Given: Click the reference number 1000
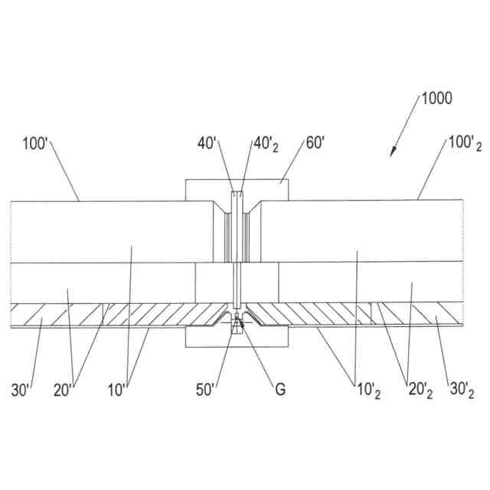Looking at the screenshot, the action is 436,98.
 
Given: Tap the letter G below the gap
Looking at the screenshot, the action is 280,389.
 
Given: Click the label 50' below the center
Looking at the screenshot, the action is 207,389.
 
